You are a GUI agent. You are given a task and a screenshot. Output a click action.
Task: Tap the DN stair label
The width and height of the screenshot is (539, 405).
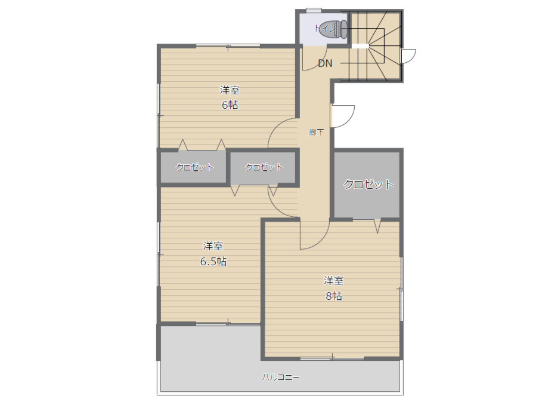pyautogui.click(x=325, y=63)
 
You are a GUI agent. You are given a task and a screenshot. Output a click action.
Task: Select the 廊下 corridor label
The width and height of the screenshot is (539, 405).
pyautogui.click(x=316, y=132)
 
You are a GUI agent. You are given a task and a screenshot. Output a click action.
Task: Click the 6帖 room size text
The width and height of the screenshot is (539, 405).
pyautogui.click(x=230, y=105)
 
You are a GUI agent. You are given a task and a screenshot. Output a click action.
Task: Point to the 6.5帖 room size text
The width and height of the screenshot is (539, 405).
pyautogui.click(x=213, y=262)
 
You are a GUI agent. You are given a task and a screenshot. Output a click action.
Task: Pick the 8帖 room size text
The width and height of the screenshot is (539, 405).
pyautogui.click(x=334, y=296)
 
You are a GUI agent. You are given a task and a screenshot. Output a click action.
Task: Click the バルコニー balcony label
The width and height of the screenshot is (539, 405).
pyautogui.click(x=280, y=377)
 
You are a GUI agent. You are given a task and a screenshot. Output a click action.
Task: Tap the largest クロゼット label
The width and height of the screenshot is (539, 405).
pyautogui.click(x=368, y=184)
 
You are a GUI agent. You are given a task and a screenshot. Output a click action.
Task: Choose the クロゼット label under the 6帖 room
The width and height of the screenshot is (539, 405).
pyautogui.click(x=194, y=167)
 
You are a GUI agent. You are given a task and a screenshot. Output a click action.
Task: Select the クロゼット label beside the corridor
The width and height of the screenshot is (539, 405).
pyautogui.click(x=264, y=167)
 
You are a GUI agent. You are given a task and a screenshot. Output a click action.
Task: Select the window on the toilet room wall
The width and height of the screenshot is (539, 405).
pyautogui.click(x=314, y=10)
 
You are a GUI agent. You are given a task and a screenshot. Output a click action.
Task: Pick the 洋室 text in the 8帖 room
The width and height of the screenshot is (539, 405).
pyautogui.click(x=334, y=281)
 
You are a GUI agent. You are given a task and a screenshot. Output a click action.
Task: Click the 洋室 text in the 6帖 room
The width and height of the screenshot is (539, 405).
pyautogui.click(x=230, y=90)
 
